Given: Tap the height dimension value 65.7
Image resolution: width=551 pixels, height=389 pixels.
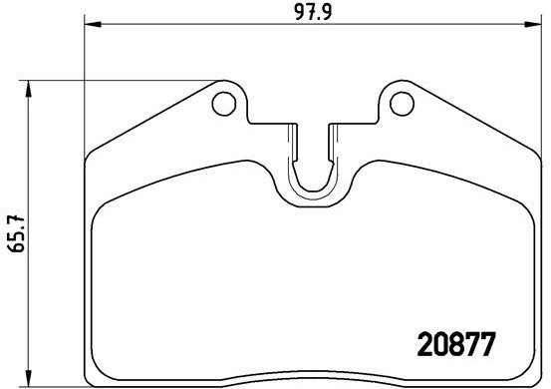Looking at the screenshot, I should (13, 234).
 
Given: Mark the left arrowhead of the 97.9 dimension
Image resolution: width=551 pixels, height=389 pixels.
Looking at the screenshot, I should (93, 26).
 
